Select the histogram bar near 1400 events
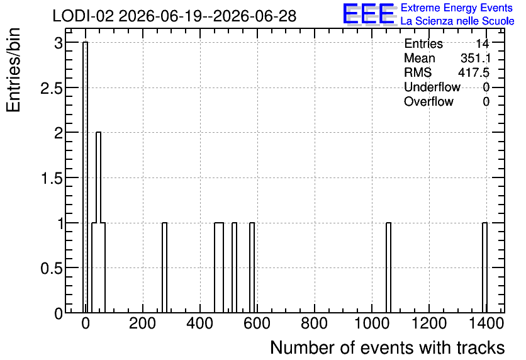pyautogui.click(x=484, y=267)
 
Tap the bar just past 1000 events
pyautogui.click(x=388, y=267)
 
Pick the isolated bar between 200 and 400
pyautogui.click(x=164, y=267)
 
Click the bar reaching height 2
pyautogui.click(x=98, y=222)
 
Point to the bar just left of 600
pyautogui.click(x=252, y=267)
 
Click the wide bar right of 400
pyautogui.click(x=219, y=267)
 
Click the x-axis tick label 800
pyautogui.click(x=315, y=323)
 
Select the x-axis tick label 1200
pyautogui.click(x=429, y=323)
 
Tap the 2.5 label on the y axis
pyautogui.click(x=52, y=87)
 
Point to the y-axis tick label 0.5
pyautogui.click(x=52, y=268)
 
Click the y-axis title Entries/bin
pyautogui.click(x=13, y=70)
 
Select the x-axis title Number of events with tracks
pyautogui.click(x=388, y=347)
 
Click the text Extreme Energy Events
pyautogui.click(x=457, y=8)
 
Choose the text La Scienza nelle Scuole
pyautogui.click(x=457, y=21)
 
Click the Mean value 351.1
pyautogui.click(x=475, y=58)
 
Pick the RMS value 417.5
pyautogui.click(x=474, y=72)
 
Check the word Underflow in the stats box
pyautogui.click(x=432, y=87)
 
